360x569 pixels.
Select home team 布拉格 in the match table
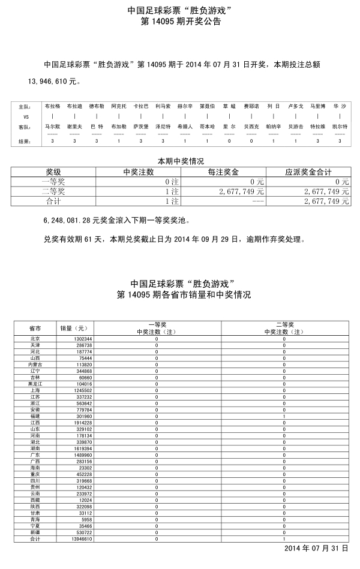[52, 106]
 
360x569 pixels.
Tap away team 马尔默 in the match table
[52, 127]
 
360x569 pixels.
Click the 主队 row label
[24, 106]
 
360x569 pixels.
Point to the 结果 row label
[24, 142]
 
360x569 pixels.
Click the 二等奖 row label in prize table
[53, 192]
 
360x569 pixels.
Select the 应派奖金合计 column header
[308, 171]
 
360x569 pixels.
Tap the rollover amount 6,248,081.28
[67, 220]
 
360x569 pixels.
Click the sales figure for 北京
[75, 339]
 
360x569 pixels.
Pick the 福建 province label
[35, 416]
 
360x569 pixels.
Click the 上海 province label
[35, 390]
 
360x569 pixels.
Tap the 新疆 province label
[35, 533]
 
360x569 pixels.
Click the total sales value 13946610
[75, 540]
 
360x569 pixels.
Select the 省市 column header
[35, 329]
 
